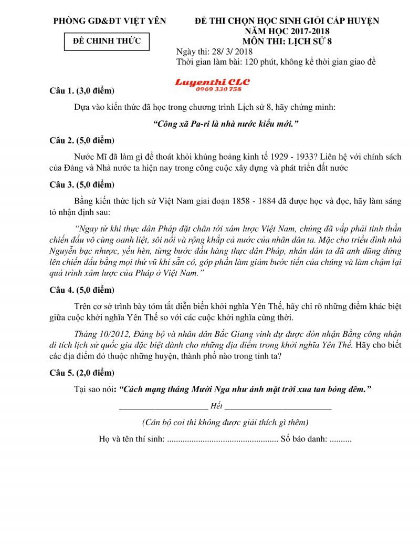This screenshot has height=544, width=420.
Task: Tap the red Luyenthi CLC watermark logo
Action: point(212,83)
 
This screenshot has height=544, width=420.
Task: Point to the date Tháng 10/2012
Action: point(103,334)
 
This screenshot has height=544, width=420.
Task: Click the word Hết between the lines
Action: point(216,406)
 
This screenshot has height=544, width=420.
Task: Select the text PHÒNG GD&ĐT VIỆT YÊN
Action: point(110,21)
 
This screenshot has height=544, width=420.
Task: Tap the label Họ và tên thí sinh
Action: point(131,439)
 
